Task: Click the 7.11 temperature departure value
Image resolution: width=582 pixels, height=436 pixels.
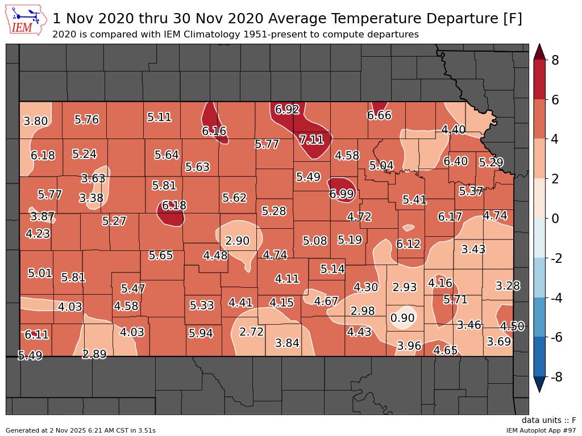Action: (x=311, y=140)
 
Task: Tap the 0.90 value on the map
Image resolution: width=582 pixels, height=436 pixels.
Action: (x=402, y=318)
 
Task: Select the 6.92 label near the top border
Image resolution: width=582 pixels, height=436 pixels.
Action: (x=287, y=110)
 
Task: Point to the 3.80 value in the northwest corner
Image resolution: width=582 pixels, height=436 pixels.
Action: (x=35, y=121)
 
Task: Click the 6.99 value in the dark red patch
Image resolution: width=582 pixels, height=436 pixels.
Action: (x=342, y=194)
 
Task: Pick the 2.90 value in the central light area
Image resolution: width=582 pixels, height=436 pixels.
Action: (x=237, y=241)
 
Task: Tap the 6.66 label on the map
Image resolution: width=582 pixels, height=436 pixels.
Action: (x=379, y=116)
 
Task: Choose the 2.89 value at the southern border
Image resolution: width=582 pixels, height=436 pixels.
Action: (x=94, y=354)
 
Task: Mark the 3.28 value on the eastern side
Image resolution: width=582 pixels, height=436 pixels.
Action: (x=508, y=286)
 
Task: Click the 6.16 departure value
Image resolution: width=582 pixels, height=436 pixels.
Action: (x=214, y=131)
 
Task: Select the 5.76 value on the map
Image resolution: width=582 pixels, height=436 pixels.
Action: (x=86, y=120)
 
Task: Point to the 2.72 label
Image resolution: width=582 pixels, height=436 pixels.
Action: (x=251, y=332)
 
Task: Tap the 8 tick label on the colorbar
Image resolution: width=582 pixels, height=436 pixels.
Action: (x=556, y=60)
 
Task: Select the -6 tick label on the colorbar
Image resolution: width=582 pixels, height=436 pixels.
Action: (x=558, y=337)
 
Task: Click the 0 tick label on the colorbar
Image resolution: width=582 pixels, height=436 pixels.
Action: (x=556, y=219)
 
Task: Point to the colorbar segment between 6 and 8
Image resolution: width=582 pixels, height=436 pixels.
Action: (x=539, y=79)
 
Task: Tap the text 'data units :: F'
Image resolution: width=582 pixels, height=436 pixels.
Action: (x=548, y=421)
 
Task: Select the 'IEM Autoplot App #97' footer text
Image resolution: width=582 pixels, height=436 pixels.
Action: (x=541, y=430)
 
